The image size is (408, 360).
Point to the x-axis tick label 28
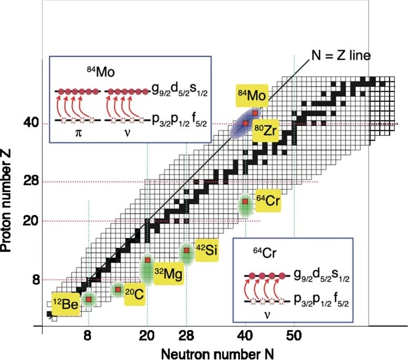click(x=186, y=335)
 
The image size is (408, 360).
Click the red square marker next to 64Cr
click(x=245, y=202)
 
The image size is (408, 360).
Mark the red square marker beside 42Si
click(x=186, y=250)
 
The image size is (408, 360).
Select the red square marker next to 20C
click(x=118, y=289)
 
